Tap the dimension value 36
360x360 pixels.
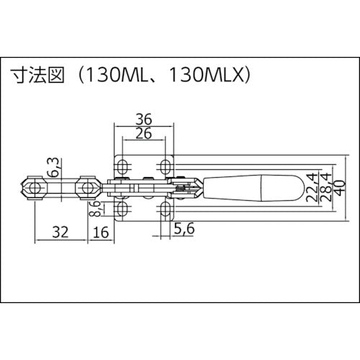(144, 119)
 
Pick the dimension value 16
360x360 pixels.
(102, 233)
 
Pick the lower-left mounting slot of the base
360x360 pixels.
(121, 210)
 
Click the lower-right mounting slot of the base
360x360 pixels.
(166, 210)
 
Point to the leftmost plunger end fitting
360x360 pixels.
(34, 188)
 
